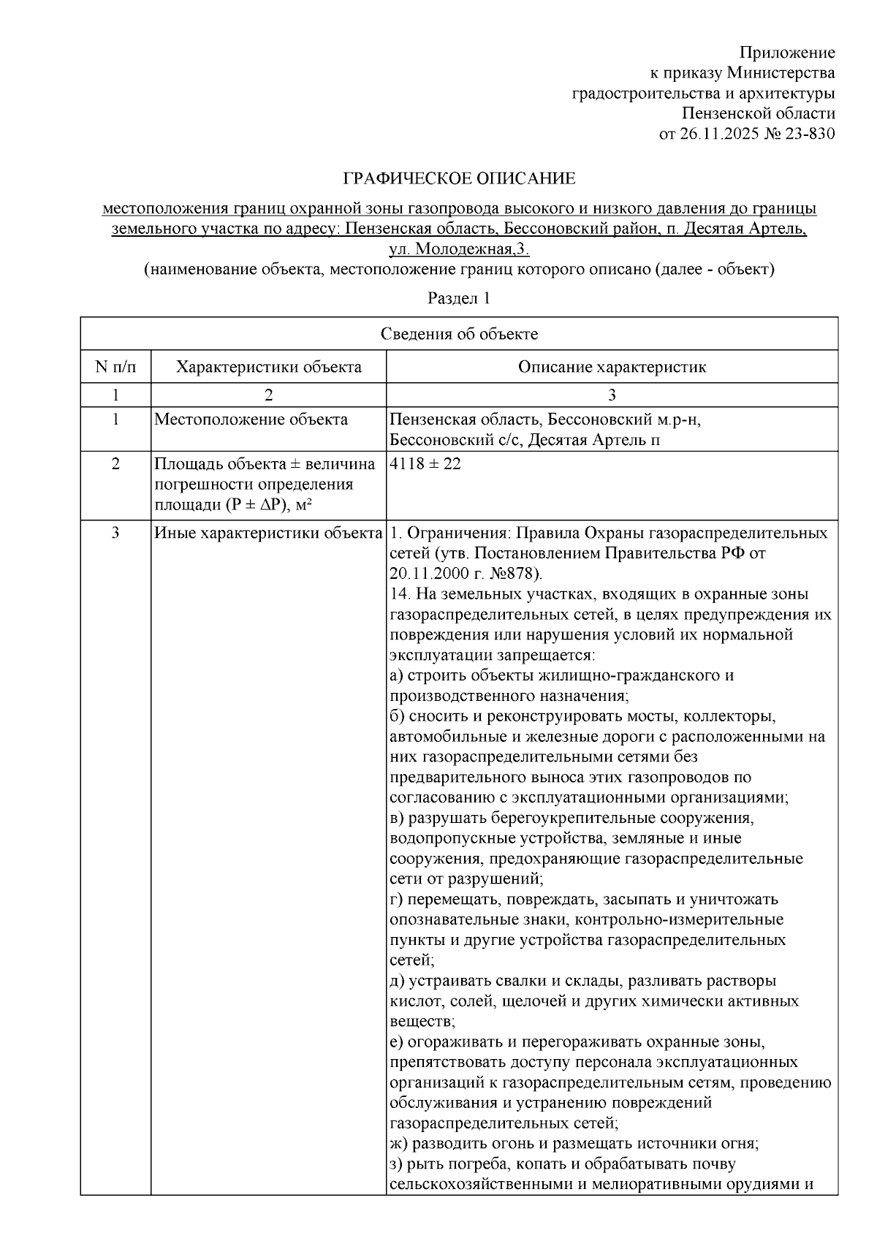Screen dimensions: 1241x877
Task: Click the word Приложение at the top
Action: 787,53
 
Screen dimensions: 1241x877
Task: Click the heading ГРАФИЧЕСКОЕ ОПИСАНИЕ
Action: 460,178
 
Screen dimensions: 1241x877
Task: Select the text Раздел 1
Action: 458,298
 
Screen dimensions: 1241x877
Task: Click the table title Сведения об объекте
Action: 459,334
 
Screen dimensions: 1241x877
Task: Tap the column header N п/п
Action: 115,366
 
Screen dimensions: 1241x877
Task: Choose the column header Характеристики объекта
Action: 268,366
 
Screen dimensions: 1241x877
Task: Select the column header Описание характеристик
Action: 612,366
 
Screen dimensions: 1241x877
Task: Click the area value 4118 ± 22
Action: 425,464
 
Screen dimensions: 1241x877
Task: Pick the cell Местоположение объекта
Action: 251,420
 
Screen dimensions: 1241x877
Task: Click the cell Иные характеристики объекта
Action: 268,533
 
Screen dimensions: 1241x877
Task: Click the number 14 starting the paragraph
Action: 398,593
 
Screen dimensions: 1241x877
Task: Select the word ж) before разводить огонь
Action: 398,1144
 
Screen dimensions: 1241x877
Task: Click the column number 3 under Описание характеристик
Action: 612,395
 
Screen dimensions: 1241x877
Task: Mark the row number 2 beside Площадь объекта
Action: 115,464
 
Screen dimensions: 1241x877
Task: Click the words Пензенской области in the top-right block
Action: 758,113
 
